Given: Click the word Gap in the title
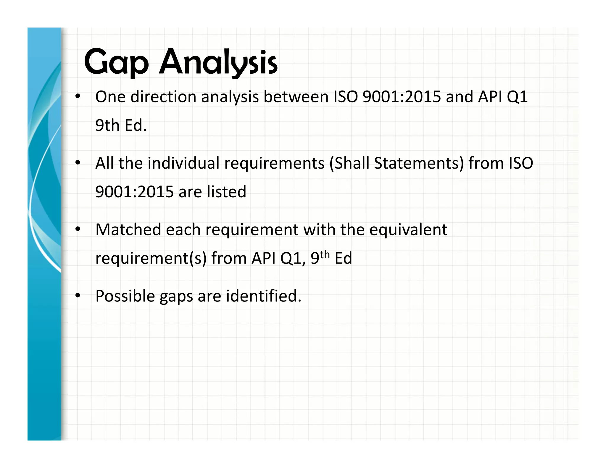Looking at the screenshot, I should pos(116,62).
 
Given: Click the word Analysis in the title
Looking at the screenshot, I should pos(218,62).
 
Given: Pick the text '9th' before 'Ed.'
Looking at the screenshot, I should pos(107,125).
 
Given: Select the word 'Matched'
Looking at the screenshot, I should pos(128,230).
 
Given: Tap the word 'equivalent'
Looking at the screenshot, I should pos(408,230).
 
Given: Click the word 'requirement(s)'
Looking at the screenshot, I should pos(151,258).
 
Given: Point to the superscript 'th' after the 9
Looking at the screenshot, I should pos(325,254).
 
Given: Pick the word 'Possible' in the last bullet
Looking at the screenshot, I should pos(125,296).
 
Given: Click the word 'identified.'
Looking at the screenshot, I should pos(264,296).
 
